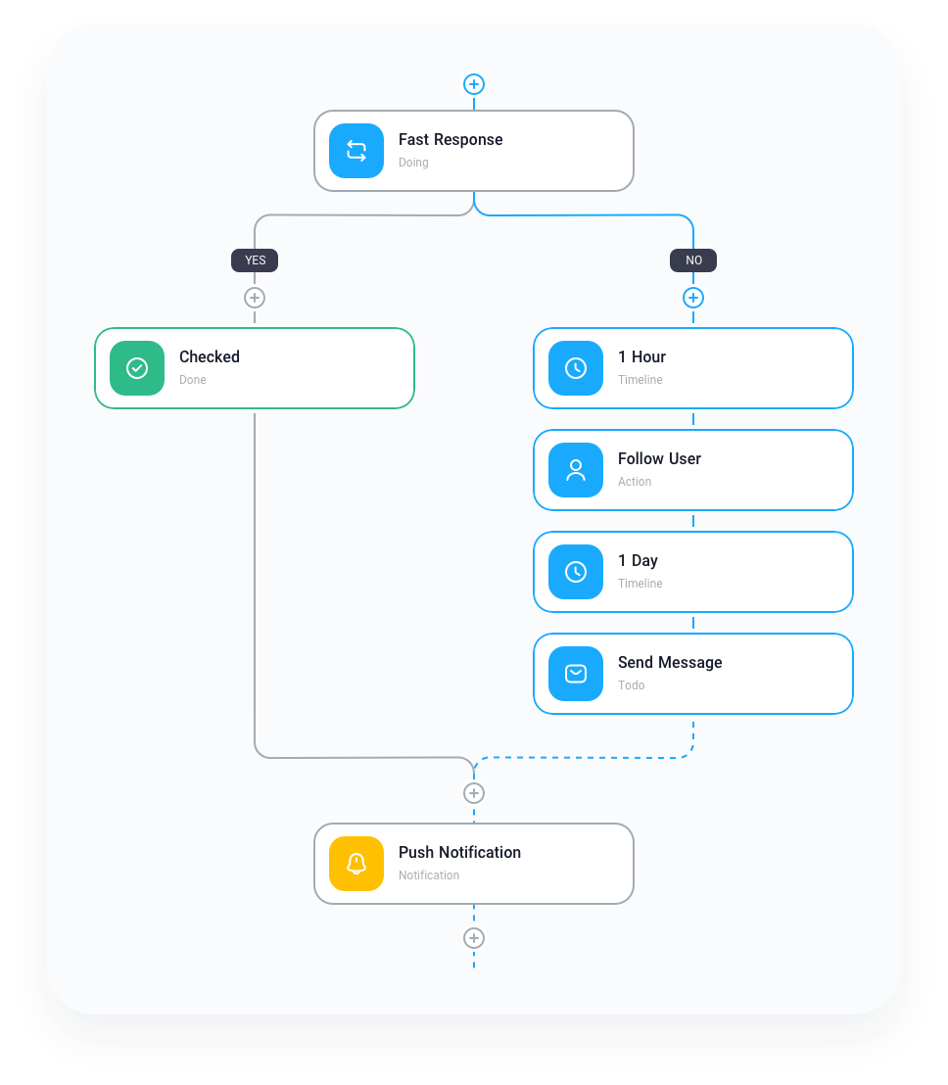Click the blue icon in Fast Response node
coord(356,151)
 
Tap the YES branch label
coord(255,260)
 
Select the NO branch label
coord(693,260)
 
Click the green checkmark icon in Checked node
coord(137,368)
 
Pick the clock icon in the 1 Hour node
coord(576,368)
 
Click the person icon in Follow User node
coord(576,470)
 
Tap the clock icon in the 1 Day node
coord(576,572)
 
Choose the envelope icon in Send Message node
coord(576,674)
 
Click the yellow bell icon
coord(356,864)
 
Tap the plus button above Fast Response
coord(474,84)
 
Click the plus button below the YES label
coord(255,298)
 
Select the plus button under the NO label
coord(693,298)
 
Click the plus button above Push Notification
coord(474,793)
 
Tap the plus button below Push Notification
coord(474,938)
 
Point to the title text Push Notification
coord(459,852)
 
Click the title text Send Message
coord(670,662)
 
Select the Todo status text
coord(632,685)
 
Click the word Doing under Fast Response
coord(413,163)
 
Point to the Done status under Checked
coord(193,380)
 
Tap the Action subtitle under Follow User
coord(635,482)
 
